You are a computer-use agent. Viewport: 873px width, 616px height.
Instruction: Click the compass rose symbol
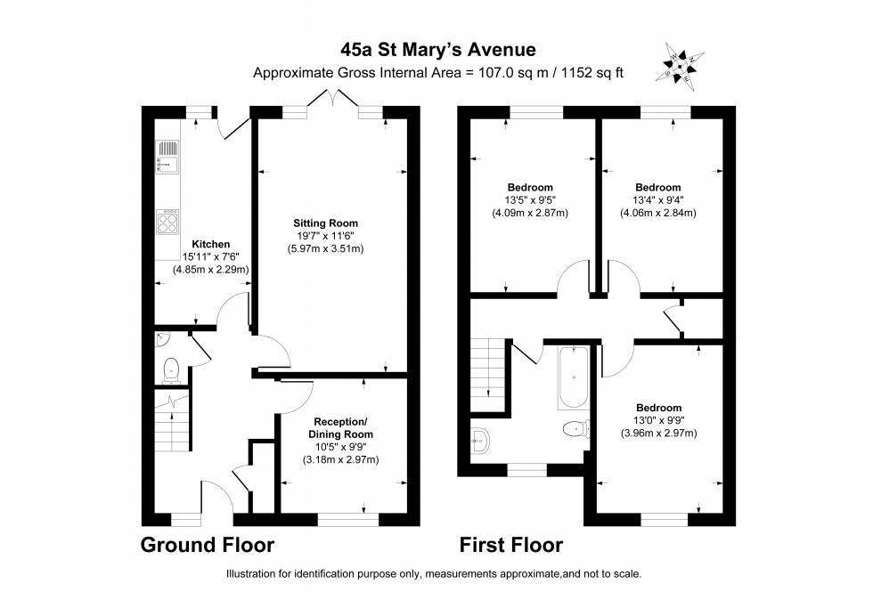pos(680,66)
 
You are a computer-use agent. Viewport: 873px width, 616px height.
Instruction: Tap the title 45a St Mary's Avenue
pos(438,50)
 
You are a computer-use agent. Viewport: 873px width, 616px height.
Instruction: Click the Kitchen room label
pos(210,244)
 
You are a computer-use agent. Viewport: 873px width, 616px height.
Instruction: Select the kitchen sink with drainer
pos(167,157)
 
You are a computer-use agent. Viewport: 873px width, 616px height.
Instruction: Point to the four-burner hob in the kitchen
pos(167,222)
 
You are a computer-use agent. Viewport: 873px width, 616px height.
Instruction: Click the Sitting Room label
pos(326,223)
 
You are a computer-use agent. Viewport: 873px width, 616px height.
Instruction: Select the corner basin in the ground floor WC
pos(162,338)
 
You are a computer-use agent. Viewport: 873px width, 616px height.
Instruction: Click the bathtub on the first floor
pos(573,377)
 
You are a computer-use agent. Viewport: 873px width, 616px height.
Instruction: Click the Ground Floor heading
pos(207,545)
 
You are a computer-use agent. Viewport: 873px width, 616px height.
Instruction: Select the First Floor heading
pos(511,545)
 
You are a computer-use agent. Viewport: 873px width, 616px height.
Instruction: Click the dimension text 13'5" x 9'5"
pos(530,199)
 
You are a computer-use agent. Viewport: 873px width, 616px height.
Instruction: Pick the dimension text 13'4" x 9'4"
pos(658,199)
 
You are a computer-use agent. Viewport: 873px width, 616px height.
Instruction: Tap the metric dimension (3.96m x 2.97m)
pos(658,433)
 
